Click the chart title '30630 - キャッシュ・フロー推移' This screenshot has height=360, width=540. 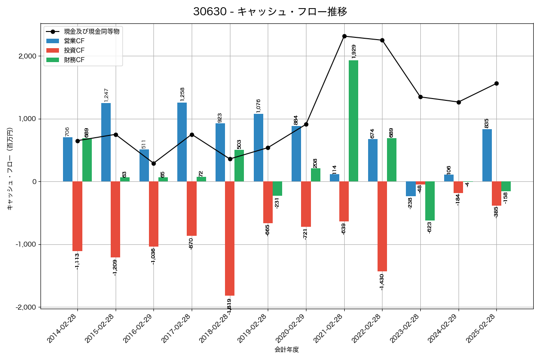pyautogui.click(x=270, y=12)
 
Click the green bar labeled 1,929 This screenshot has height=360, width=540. pyautogui.click(x=353, y=121)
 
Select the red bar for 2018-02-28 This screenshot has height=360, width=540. pyautogui.click(x=229, y=238)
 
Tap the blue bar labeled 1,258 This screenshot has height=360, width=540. pyautogui.click(x=182, y=142)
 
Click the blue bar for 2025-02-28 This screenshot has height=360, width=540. pyautogui.click(x=487, y=155)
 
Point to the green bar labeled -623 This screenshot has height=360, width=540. pyautogui.click(x=430, y=201)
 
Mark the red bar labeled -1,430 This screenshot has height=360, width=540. pyautogui.click(x=382, y=226)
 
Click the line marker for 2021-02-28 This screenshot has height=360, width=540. pyautogui.click(x=344, y=36)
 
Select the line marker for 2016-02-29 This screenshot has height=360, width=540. pyautogui.click(x=153, y=163)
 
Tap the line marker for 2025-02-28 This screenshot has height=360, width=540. pyautogui.click(x=496, y=83)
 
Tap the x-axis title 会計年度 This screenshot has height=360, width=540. pyautogui.click(x=287, y=350)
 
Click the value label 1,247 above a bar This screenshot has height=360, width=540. pyautogui.click(x=107, y=95)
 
